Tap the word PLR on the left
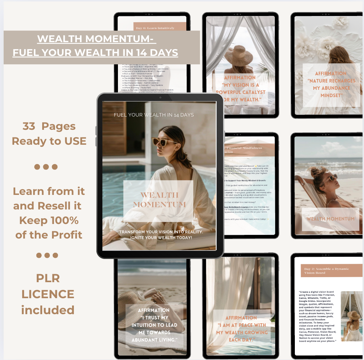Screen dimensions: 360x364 click(x=48, y=278)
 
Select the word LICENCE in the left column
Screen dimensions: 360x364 click(x=48, y=294)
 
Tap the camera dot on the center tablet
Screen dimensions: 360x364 click(x=160, y=97)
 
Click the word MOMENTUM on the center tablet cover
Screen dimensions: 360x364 click(x=159, y=205)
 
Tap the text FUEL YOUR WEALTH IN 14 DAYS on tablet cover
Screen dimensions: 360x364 click(x=154, y=115)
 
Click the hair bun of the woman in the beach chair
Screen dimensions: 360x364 click(x=314, y=170)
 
